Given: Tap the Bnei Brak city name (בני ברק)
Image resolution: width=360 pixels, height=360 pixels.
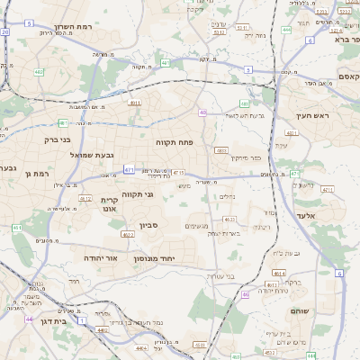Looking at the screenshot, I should point(58,139).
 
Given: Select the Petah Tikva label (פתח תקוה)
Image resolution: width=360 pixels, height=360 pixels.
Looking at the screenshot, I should point(174,140).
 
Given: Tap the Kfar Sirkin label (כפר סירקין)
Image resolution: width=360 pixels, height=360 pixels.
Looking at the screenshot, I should point(242,157).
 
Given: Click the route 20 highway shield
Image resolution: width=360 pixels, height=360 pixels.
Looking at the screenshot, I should point(5,31).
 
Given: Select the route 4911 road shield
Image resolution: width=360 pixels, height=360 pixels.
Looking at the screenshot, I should point(135,103).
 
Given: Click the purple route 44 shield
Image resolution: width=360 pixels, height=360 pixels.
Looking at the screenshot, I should point(30,319).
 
